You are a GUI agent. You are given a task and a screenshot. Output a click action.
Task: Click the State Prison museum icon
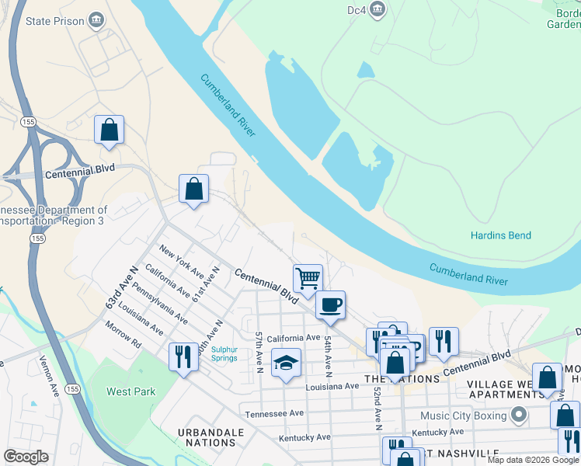click(96, 19)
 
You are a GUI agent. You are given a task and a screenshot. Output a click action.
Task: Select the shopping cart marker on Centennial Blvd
click(308, 277)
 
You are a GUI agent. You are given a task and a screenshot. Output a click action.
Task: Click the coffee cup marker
click(331, 304)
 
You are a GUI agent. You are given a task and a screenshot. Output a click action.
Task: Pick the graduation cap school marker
click(286, 363)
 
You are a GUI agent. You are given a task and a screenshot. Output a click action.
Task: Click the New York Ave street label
click(181, 263)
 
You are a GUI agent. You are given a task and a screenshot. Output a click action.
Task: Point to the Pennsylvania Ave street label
click(160, 304)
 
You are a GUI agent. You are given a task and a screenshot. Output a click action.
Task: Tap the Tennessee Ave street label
click(274, 414)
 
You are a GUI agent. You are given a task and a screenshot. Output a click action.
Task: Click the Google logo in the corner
click(26, 457)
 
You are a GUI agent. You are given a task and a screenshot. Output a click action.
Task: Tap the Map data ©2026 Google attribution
click(532, 460)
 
